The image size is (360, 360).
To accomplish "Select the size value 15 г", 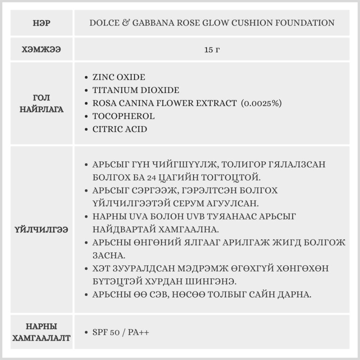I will click(x=212, y=50).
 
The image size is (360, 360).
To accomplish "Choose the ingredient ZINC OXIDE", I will click(x=118, y=77).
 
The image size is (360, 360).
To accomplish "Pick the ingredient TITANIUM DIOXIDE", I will click(x=135, y=90).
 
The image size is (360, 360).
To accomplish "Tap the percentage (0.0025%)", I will click(x=262, y=103).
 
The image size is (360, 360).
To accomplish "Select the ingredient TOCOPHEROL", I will click(x=123, y=116).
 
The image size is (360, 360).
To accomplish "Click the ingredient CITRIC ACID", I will click(x=120, y=129).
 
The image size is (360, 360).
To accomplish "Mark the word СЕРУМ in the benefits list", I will click(x=195, y=203).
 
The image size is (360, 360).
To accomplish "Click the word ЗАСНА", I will click(x=109, y=255).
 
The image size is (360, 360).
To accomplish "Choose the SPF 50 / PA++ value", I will click(x=121, y=332).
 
